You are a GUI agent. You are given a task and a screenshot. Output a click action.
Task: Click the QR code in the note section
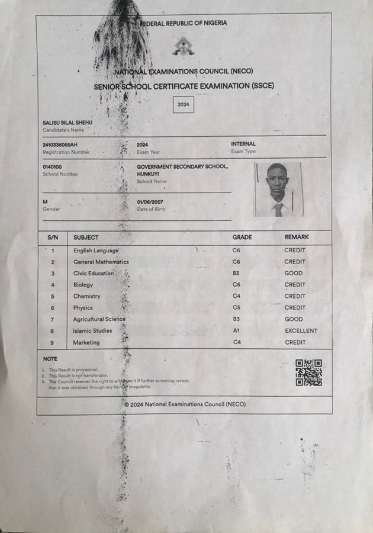pyautogui.click(x=308, y=373)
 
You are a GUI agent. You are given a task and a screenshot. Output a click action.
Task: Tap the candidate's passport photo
pyautogui.click(x=279, y=190)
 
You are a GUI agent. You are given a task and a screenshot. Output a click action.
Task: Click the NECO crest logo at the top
pyautogui.click(x=184, y=46)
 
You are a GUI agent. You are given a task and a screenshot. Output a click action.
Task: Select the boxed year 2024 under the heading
pyautogui.click(x=184, y=104)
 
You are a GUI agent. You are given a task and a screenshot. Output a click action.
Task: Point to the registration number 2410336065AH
pyautogui.click(x=60, y=145)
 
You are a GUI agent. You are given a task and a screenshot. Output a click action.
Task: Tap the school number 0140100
pyautogui.click(x=52, y=167)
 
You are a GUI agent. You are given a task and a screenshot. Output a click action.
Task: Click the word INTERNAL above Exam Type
pyautogui.click(x=243, y=144)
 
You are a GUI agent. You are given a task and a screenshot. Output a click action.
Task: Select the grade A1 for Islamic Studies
pyautogui.click(x=236, y=330)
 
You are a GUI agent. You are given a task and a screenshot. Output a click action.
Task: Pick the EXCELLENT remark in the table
pyautogui.click(x=301, y=330)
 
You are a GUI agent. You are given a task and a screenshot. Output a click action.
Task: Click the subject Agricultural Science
pyautogui.click(x=99, y=319)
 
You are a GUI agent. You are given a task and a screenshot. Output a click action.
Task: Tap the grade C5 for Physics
pyautogui.click(x=236, y=307)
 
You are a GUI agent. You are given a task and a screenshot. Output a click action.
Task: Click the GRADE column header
pyautogui.click(x=242, y=237)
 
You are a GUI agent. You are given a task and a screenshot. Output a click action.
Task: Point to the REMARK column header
pyautogui.click(x=297, y=237)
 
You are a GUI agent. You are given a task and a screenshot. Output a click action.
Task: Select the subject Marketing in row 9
pyautogui.click(x=86, y=342)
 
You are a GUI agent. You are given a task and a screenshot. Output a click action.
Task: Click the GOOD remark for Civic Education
pyautogui.click(x=293, y=273)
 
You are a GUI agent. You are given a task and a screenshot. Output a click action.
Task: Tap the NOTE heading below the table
pyautogui.click(x=50, y=359)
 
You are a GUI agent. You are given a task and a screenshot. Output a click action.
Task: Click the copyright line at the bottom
pyautogui.click(x=185, y=404)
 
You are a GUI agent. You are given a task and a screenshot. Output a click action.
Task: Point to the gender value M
pyautogui.click(x=45, y=202)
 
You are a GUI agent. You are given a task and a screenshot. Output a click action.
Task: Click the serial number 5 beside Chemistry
pyautogui.click(x=53, y=296)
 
